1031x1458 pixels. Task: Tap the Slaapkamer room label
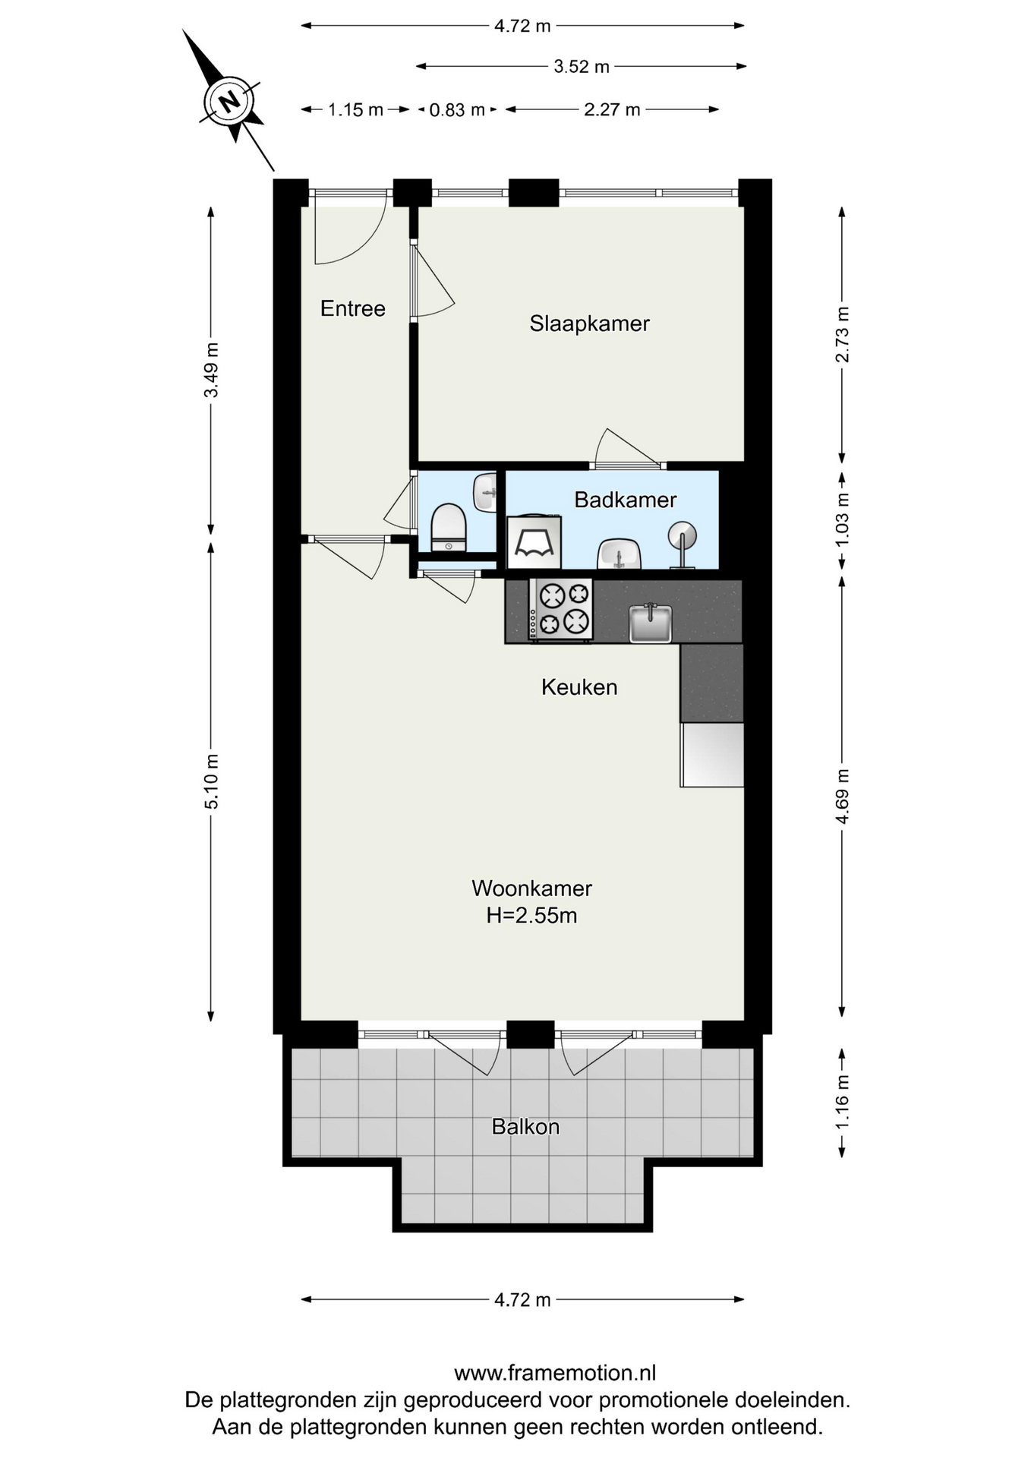pos(589,323)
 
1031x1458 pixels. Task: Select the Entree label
pos(352,308)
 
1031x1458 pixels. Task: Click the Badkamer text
pos(625,500)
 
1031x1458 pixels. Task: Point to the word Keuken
pos(579,687)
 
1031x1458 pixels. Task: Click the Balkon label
pos(525,1126)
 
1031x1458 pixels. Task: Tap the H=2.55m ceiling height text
pos(531,916)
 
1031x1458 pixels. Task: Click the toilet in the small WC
pos(448,527)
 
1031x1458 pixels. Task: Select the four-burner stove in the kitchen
pos(561,610)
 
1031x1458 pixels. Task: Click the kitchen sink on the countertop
pos(651,623)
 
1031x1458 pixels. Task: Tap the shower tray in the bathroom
pos(534,542)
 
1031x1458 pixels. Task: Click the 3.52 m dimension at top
pos(582,67)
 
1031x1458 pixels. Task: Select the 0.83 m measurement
pos(457,110)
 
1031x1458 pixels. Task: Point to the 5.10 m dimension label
pos(212,781)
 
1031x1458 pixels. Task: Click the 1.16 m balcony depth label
pos(842,1102)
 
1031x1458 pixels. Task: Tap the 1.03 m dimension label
pos(842,520)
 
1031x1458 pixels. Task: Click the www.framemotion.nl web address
pos(555,1373)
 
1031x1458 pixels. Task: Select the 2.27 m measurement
pos(612,110)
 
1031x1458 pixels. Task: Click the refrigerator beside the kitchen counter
pos(712,754)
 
